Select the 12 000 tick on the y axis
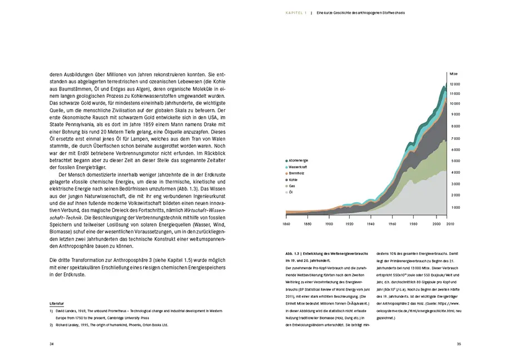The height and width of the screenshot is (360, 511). click(x=454, y=83)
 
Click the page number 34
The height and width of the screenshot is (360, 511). click(x=52, y=344)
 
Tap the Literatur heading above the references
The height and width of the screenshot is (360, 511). click(x=57, y=304)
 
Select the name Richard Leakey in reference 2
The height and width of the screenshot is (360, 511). click(x=69, y=324)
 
